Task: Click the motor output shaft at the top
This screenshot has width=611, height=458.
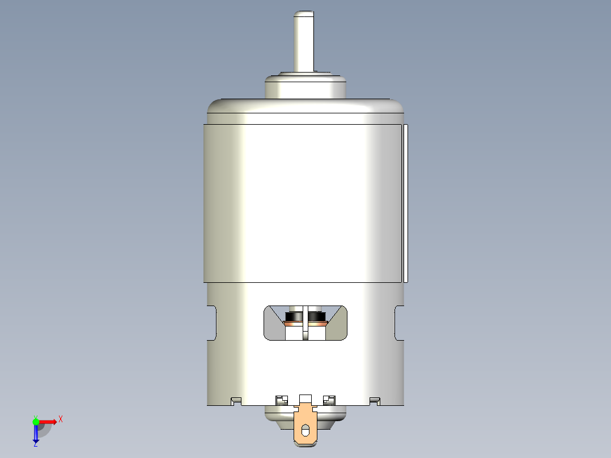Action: coord(305,43)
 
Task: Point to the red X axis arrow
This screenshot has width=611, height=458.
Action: coord(48,421)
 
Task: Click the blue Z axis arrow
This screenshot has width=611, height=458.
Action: coord(36,434)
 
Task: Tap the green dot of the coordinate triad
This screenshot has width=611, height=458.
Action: coord(36,421)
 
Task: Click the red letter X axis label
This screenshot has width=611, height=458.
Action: coord(60,419)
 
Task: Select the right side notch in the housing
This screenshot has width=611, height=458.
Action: coord(398,323)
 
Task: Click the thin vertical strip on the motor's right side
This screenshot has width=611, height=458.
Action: coord(406,202)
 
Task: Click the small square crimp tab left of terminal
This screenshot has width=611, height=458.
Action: coord(280,400)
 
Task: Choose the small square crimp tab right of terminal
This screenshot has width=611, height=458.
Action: coord(328,400)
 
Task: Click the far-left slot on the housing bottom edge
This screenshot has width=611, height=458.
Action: coord(236,401)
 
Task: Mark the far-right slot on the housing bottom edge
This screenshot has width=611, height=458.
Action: coord(374,401)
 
